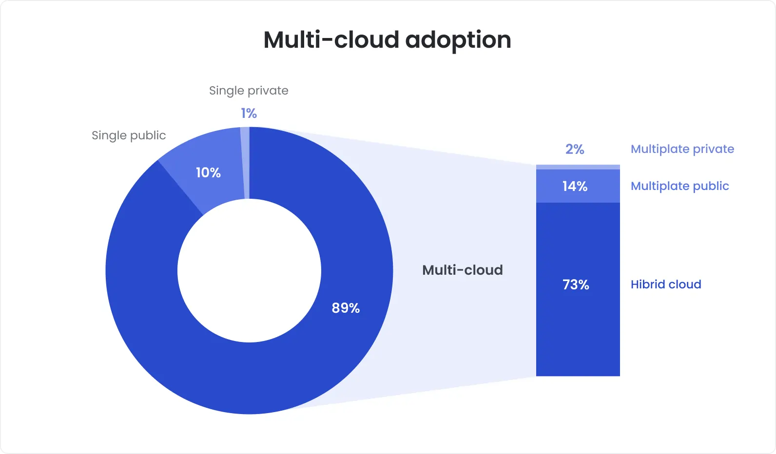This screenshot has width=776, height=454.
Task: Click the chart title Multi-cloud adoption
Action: point(387,40)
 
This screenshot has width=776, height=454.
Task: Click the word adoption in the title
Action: point(458,40)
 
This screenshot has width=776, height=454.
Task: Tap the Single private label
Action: point(249,91)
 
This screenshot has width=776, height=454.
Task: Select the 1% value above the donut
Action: point(249,113)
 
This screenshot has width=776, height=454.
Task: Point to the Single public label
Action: point(129,135)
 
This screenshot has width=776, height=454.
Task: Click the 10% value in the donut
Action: point(208,172)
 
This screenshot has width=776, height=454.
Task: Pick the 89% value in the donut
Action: point(346,308)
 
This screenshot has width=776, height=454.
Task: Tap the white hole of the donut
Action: point(249,271)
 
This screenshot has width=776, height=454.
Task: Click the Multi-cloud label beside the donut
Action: point(462,270)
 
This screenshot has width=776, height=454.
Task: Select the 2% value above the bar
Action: point(575,149)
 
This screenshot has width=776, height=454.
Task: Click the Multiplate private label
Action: point(682,149)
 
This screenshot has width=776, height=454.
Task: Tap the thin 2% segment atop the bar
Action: point(578,167)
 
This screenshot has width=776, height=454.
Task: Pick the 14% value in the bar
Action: point(575,186)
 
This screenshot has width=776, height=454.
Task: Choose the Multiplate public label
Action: point(679,186)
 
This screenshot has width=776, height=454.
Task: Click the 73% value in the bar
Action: point(576,284)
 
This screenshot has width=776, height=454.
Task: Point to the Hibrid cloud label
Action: point(666,284)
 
